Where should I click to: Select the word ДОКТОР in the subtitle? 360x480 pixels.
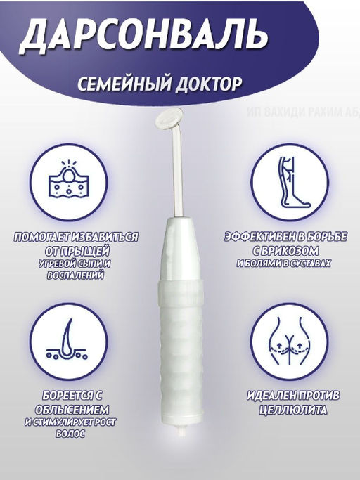pyautogui.click(x=207, y=84)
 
